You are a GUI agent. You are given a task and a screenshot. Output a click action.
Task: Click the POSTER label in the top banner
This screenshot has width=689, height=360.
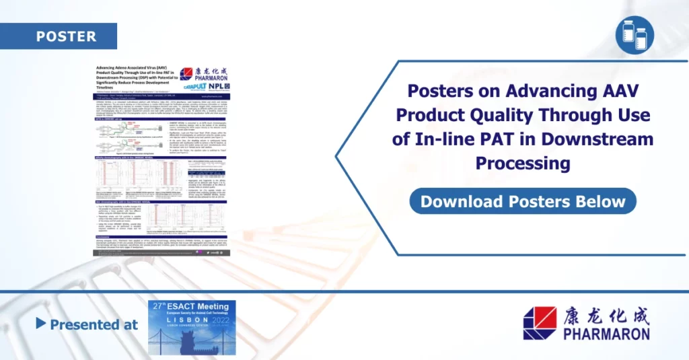coord(66,36)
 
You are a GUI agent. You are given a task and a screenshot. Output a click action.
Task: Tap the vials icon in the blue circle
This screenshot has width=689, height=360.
coord(634,34)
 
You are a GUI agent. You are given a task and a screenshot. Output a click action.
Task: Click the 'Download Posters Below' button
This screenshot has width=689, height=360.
coord(523,201)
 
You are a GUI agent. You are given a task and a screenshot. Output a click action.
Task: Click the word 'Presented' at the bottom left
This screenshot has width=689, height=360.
coord(84,324)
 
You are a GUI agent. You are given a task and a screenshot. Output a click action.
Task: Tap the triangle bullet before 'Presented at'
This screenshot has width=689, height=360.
coord(41,324)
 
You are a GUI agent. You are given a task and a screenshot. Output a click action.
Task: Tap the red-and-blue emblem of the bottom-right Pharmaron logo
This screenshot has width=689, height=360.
coord(540,323)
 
